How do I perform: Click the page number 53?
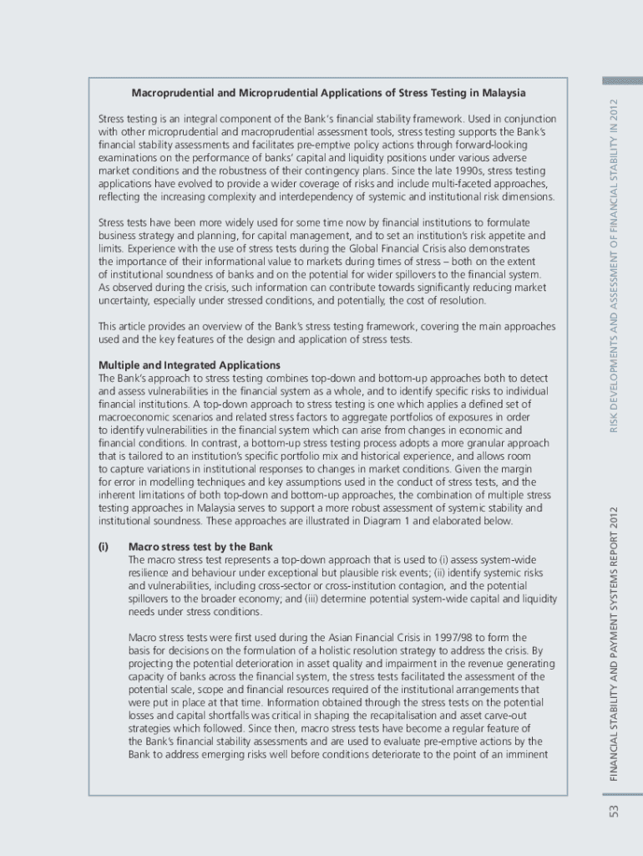614,811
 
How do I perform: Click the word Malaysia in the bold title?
503,92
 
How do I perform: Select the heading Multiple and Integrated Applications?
190,365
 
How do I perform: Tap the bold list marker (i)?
104,547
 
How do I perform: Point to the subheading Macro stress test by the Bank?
200,547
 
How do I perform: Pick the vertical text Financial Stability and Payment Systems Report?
614,644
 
